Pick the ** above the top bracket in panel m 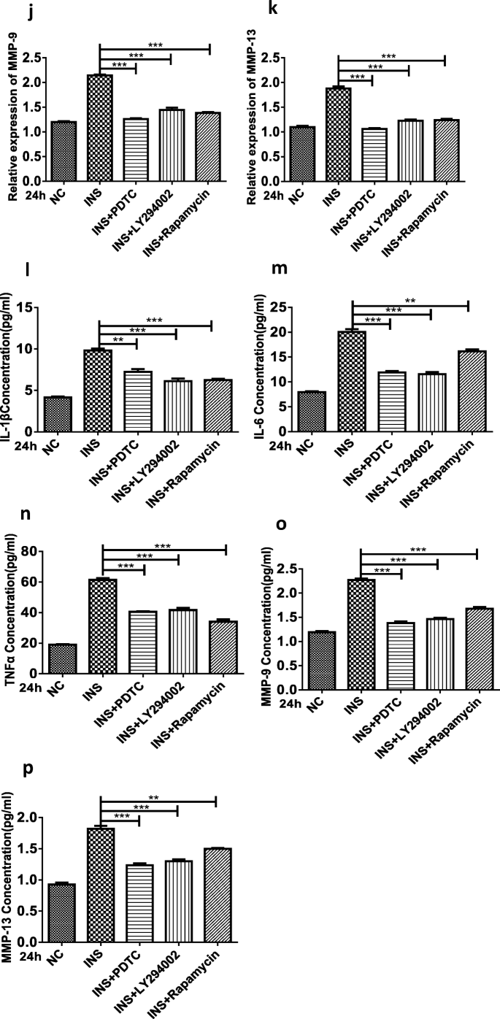(409, 300)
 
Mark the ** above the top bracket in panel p (158, 797)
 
